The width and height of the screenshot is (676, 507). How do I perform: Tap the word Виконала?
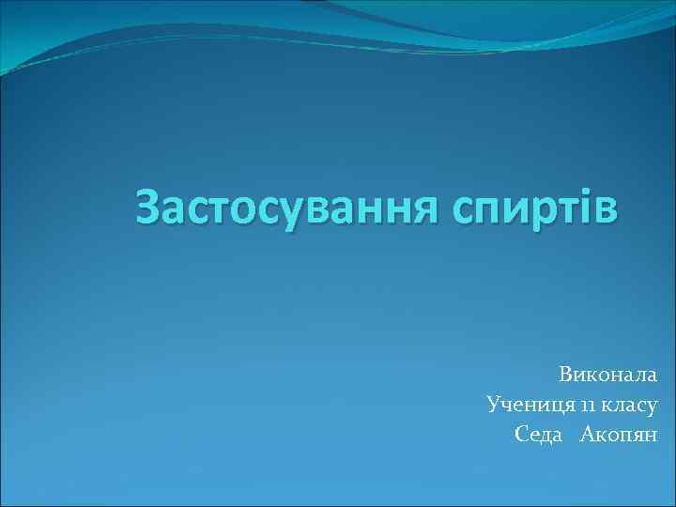[607, 375]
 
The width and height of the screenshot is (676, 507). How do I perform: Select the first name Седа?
[539, 434]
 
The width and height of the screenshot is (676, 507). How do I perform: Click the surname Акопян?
[620, 434]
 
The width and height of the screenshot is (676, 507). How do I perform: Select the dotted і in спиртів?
[585, 207]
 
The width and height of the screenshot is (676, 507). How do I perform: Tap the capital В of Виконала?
[566, 375]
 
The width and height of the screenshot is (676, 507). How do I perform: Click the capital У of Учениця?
[494, 405]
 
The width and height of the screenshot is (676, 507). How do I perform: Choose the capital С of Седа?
[522, 434]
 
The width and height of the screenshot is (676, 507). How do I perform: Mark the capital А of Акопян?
[589, 434]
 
